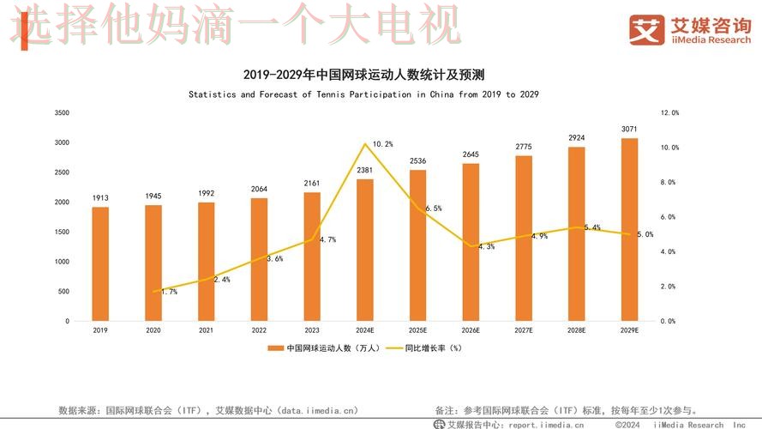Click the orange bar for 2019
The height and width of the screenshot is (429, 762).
[x=100, y=263]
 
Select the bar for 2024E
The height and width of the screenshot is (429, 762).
[x=365, y=250]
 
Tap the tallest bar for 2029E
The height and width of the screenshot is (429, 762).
[x=629, y=229]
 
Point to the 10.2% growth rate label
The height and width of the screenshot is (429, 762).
[x=382, y=144]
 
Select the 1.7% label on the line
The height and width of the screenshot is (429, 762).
[x=169, y=292]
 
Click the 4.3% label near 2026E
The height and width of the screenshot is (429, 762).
[x=485, y=247]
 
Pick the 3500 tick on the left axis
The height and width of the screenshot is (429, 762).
[x=61, y=112]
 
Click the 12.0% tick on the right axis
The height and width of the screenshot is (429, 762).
[x=669, y=112]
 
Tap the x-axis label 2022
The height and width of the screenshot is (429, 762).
[x=259, y=330]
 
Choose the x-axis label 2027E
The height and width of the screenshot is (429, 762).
[x=524, y=330]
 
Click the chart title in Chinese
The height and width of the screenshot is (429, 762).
[x=369, y=75]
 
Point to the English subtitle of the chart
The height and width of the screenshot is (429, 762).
[x=363, y=94]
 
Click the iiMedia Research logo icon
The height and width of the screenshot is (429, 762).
[x=647, y=29]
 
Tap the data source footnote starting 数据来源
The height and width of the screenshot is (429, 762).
[x=208, y=411]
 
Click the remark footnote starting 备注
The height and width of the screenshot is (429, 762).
[x=566, y=411]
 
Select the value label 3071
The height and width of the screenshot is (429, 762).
[x=629, y=129]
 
